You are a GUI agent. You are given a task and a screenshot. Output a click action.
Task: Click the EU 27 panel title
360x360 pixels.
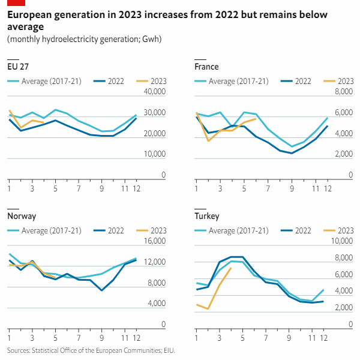click(18, 67)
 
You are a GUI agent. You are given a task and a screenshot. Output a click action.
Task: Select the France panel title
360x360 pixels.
click(206, 67)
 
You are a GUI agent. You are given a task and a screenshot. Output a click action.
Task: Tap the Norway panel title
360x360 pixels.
click(21, 216)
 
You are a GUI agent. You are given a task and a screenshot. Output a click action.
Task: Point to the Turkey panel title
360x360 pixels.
click(207, 216)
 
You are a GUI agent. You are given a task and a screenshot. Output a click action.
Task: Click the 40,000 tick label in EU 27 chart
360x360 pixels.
click(154, 92)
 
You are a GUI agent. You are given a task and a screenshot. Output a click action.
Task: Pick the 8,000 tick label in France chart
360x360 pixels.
click(344, 92)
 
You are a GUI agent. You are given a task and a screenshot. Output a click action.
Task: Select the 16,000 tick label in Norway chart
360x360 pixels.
click(154, 241)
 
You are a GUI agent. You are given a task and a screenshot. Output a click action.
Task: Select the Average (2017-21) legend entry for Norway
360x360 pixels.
click(48, 230)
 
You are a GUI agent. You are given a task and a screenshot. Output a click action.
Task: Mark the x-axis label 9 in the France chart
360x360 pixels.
click(292, 189)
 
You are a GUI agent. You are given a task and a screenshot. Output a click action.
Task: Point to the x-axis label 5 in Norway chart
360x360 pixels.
click(55, 338)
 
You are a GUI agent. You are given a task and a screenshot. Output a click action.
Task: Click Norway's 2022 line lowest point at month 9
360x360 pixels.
click(102, 290)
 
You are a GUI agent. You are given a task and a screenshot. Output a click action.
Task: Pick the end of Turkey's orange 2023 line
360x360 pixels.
click(230, 268)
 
